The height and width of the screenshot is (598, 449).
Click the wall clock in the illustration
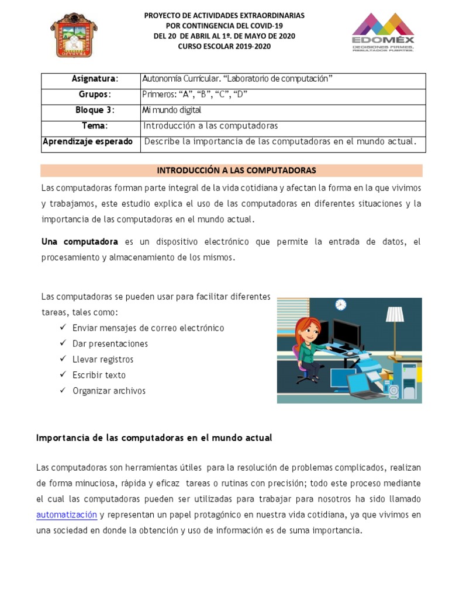click(x=341, y=304)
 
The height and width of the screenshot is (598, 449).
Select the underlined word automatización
click(x=67, y=515)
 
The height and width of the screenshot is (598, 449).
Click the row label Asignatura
click(x=95, y=79)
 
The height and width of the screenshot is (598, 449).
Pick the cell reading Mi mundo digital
click(x=172, y=110)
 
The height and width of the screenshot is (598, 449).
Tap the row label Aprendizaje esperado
click(x=88, y=141)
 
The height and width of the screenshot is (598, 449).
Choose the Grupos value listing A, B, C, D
click(x=195, y=94)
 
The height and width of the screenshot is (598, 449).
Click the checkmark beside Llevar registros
click(x=63, y=359)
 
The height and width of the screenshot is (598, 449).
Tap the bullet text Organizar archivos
click(x=109, y=391)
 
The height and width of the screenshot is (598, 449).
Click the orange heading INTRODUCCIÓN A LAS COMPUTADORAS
click(x=236, y=171)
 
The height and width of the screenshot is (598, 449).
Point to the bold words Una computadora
click(x=80, y=242)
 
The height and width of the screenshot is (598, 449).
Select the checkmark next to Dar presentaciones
click(x=63, y=343)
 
